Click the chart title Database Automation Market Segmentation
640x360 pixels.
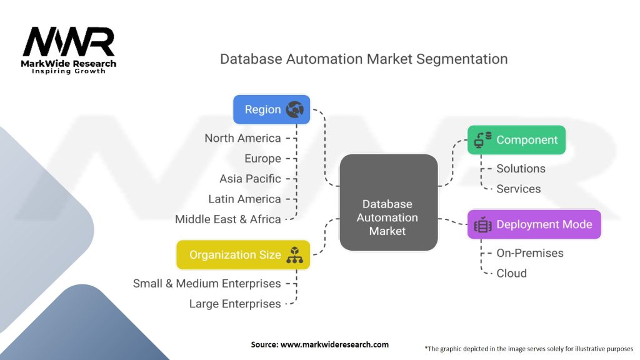point(363,59)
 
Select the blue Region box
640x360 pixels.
point(271,109)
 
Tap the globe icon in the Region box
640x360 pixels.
point(294,110)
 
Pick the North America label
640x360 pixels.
point(242,138)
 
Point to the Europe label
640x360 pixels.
point(262,159)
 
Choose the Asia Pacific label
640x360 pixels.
point(250,179)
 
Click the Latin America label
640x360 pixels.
point(244,199)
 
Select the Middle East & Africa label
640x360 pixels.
point(227,219)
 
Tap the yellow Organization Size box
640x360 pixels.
point(243,255)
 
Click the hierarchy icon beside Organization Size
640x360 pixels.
point(294,255)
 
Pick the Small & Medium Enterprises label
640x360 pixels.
point(207,283)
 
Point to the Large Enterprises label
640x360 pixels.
point(235,304)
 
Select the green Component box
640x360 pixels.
point(516,140)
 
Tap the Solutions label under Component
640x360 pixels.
point(521,169)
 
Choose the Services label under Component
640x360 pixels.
point(519,189)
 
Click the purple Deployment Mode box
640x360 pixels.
point(534,224)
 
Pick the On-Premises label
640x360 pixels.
point(530,253)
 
